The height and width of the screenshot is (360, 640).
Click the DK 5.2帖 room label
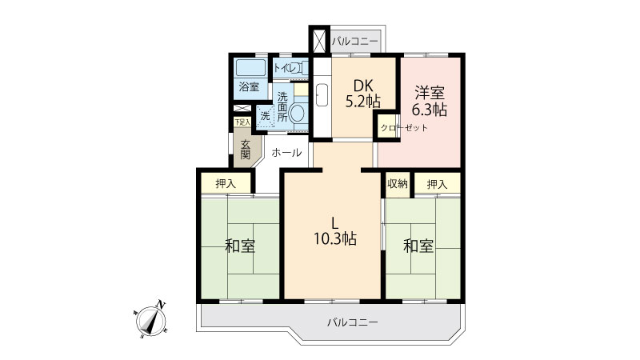[x=363, y=93]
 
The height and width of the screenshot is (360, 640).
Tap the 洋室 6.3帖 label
[x=430, y=101]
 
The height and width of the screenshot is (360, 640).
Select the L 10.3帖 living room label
[x=335, y=230]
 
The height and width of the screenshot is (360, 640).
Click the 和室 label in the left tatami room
[x=240, y=246]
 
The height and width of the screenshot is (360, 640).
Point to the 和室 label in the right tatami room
[x=418, y=246]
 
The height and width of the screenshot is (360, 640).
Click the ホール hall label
[x=286, y=153]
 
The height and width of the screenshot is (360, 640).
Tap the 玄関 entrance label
[x=246, y=150]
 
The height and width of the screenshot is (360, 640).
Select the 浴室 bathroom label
[x=249, y=86]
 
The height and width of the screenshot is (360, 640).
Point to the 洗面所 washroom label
[x=282, y=107]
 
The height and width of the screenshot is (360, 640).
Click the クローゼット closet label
[x=404, y=128]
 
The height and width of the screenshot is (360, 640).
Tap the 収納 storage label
[x=397, y=184]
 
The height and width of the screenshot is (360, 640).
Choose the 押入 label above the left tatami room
[x=226, y=184]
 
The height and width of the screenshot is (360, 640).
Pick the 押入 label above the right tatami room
[x=437, y=184]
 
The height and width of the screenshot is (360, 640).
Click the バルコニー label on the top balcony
[x=354, y=42]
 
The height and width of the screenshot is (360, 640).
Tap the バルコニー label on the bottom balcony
[x=353, y=322]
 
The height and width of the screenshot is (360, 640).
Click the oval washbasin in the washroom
[x=297, y=113]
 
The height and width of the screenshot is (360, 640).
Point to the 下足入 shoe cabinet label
[x=242, y=122]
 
